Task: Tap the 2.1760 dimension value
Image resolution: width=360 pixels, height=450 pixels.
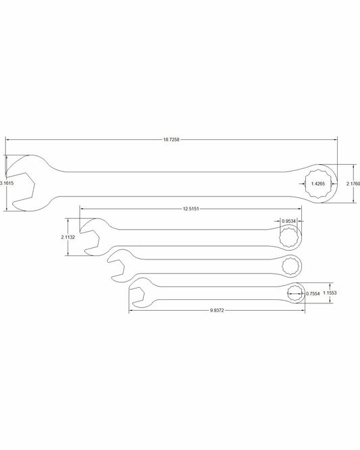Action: tap(353, 183)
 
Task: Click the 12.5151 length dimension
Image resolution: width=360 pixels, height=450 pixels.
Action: tap(192, 209)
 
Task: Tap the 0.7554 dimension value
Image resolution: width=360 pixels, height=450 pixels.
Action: tap(313, 293)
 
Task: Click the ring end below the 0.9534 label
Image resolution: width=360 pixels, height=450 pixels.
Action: tap(290, 236)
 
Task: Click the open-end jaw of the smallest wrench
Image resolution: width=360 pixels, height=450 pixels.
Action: tap(140, 292)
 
